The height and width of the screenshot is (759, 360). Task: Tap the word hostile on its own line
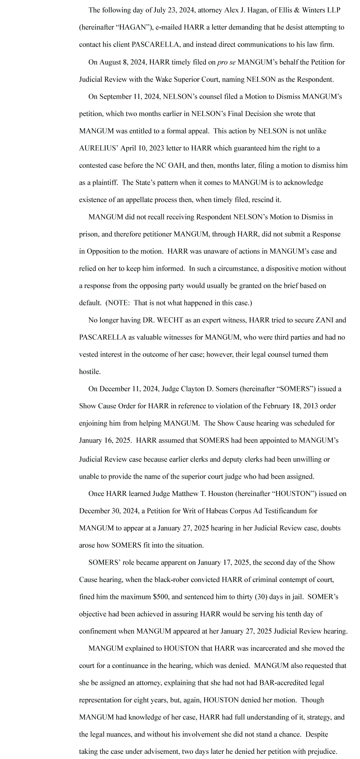click(90, 371)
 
